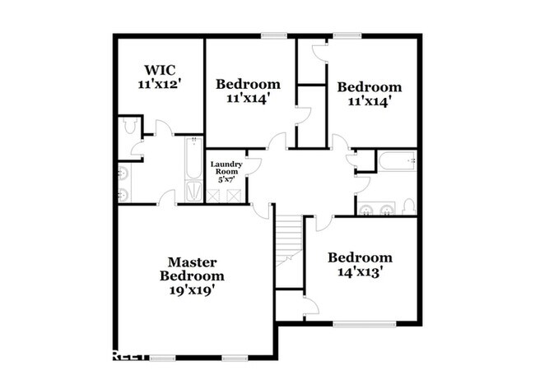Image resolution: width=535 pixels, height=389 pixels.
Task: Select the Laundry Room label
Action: pos(226,169)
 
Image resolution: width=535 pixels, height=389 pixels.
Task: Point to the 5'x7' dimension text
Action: pos(226,180)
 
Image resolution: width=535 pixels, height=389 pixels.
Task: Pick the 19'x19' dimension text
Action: pos(192,289)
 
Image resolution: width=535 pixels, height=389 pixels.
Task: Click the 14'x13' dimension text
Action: pos(359,271)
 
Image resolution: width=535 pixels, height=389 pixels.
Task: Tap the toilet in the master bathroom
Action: pos(128,126)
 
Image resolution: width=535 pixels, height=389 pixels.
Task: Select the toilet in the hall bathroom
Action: pos(408,206)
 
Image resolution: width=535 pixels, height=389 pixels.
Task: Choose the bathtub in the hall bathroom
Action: pos(396,161)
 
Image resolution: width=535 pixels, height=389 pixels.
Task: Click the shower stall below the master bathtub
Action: pos(191,192)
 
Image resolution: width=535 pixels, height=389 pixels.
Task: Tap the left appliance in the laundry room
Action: pos(216,195)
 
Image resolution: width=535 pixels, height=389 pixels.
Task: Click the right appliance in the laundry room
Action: pos(235,195)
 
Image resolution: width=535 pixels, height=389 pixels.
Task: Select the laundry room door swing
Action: pos(253,164)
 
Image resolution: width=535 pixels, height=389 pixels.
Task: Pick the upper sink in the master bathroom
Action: pos(123,174)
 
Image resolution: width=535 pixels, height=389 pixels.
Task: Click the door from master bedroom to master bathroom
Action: pos(166,197)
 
